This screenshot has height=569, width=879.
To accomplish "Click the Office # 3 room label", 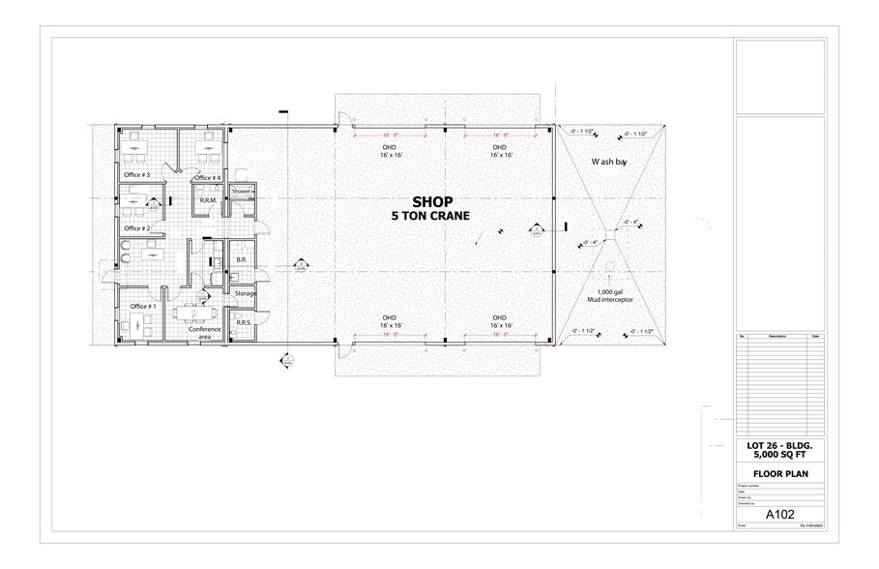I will (x=135, y=175).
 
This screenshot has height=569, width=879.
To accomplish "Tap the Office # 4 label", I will (x=208, y=178).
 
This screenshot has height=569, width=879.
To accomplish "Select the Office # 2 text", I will (x=135, y=228).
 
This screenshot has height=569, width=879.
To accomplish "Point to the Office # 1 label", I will (x=143, y=307).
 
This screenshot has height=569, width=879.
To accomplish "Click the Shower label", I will (x=242, y=193).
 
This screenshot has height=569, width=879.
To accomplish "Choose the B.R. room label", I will (x=242, y=261).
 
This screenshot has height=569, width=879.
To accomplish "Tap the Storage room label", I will (x=245, y=293).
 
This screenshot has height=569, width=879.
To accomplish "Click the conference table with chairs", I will (x=193, y=313).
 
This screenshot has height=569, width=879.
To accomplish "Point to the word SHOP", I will (x=432, y=202).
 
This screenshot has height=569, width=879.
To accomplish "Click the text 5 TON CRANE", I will (x=432, y=217).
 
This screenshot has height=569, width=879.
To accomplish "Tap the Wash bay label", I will (x=609, y=163).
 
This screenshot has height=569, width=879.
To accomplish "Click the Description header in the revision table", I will (x=777, y=337).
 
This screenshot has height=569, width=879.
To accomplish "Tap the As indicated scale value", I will (x=809, y=526).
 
